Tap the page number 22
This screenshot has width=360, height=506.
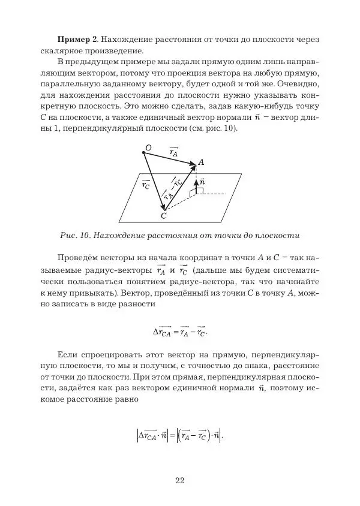point(180,480)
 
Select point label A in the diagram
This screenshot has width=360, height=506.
point(201,161)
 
